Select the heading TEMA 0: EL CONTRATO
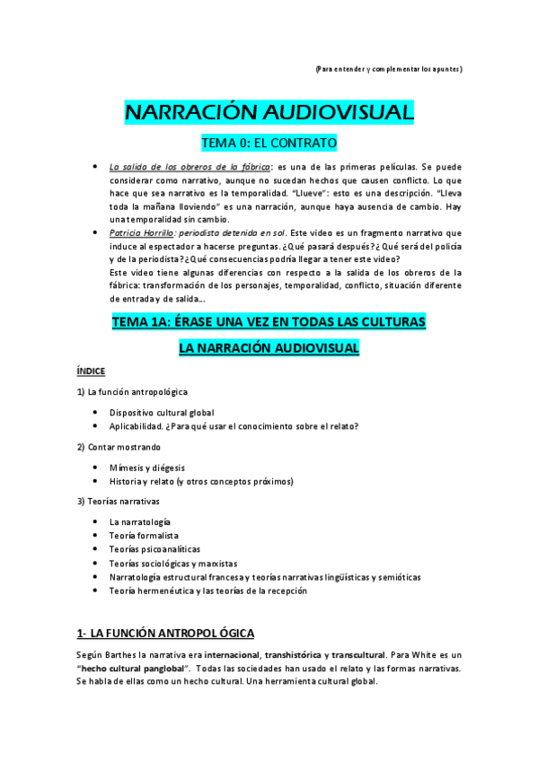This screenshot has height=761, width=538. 269,143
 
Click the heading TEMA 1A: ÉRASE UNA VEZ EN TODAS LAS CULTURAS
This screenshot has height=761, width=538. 269,320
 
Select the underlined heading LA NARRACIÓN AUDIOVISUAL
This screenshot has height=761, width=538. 269,346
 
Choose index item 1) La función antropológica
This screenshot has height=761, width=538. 132,391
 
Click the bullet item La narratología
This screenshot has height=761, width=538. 140,521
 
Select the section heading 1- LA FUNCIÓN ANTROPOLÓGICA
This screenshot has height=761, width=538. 165,632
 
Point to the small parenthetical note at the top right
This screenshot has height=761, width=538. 389,69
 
